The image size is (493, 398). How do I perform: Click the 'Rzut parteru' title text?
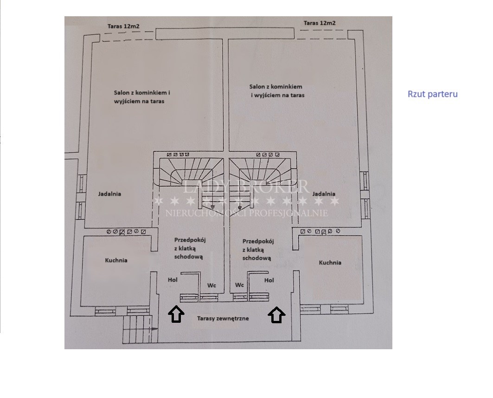(x=433, y=94)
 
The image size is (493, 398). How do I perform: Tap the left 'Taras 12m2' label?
(x=123, y=26)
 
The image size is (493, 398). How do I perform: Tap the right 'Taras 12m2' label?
(x=320, y=23)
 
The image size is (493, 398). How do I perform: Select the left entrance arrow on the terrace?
(x=176, y=314)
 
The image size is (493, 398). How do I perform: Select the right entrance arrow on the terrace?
(x=277, y=314)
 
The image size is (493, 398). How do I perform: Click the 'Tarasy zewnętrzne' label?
(x=223, y=318)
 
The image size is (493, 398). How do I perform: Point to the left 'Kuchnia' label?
(x=116, y=261)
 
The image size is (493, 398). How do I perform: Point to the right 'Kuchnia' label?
(x=330, y=262)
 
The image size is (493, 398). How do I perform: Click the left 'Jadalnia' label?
(x=109, y=194)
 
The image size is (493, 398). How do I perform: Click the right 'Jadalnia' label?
(x=324, y=194)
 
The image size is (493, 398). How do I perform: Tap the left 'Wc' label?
(x=211, y=286)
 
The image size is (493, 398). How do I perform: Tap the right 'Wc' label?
(x=240, y=285)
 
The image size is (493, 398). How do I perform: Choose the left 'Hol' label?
(x=173, y=280)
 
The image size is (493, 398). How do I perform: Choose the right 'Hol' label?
(x=269, y=280)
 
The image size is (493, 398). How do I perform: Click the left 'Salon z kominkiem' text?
(x=142, y=93)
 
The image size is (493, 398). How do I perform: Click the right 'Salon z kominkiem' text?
(x=276, y=86)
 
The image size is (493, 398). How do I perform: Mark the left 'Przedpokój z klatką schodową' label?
(x=190, y=248)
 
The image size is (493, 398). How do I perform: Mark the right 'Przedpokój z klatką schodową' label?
(x=258, y=250)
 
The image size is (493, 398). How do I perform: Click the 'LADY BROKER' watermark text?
(x=245, y=186)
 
